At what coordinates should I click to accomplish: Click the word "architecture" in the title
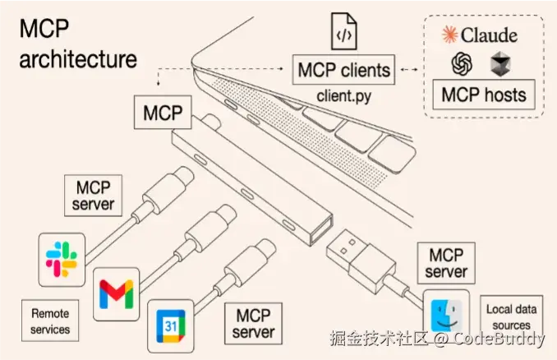[x=78, y=59]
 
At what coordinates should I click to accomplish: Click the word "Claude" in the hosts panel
[x=488, y=35]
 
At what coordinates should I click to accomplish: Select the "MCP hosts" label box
[x=484, y=94]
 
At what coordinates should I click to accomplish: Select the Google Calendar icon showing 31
[x=170, y=325]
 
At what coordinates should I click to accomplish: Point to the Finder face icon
[x=445, y=312]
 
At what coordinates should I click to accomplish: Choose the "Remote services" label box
[x=50, y=321]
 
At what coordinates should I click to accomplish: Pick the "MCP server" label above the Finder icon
[x=445, y=262]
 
